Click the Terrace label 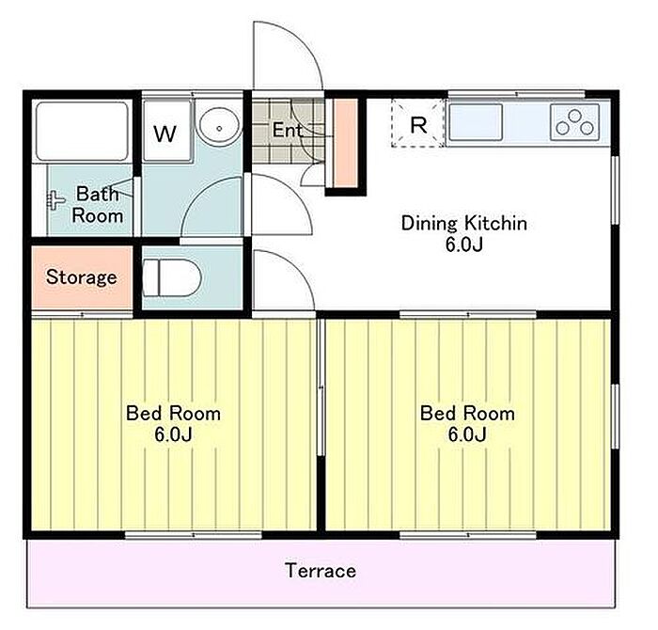(321, 571)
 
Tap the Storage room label (82, 277)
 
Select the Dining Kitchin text (464, 223)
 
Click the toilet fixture (172, 277)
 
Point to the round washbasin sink (219, 125)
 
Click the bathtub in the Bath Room (82, 131)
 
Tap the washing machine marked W (166, 131)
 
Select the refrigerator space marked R (418, 123)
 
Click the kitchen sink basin (476, 122)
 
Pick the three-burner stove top (575, 122)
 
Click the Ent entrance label (288, 130)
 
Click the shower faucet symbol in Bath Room (55, 200)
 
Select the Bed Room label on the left (173, 414)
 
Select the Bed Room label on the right (467, 414)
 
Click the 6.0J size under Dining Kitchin (464, 244)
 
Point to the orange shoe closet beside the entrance (346, 143)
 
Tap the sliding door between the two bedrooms (321, 387)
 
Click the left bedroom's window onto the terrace (194, 535)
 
